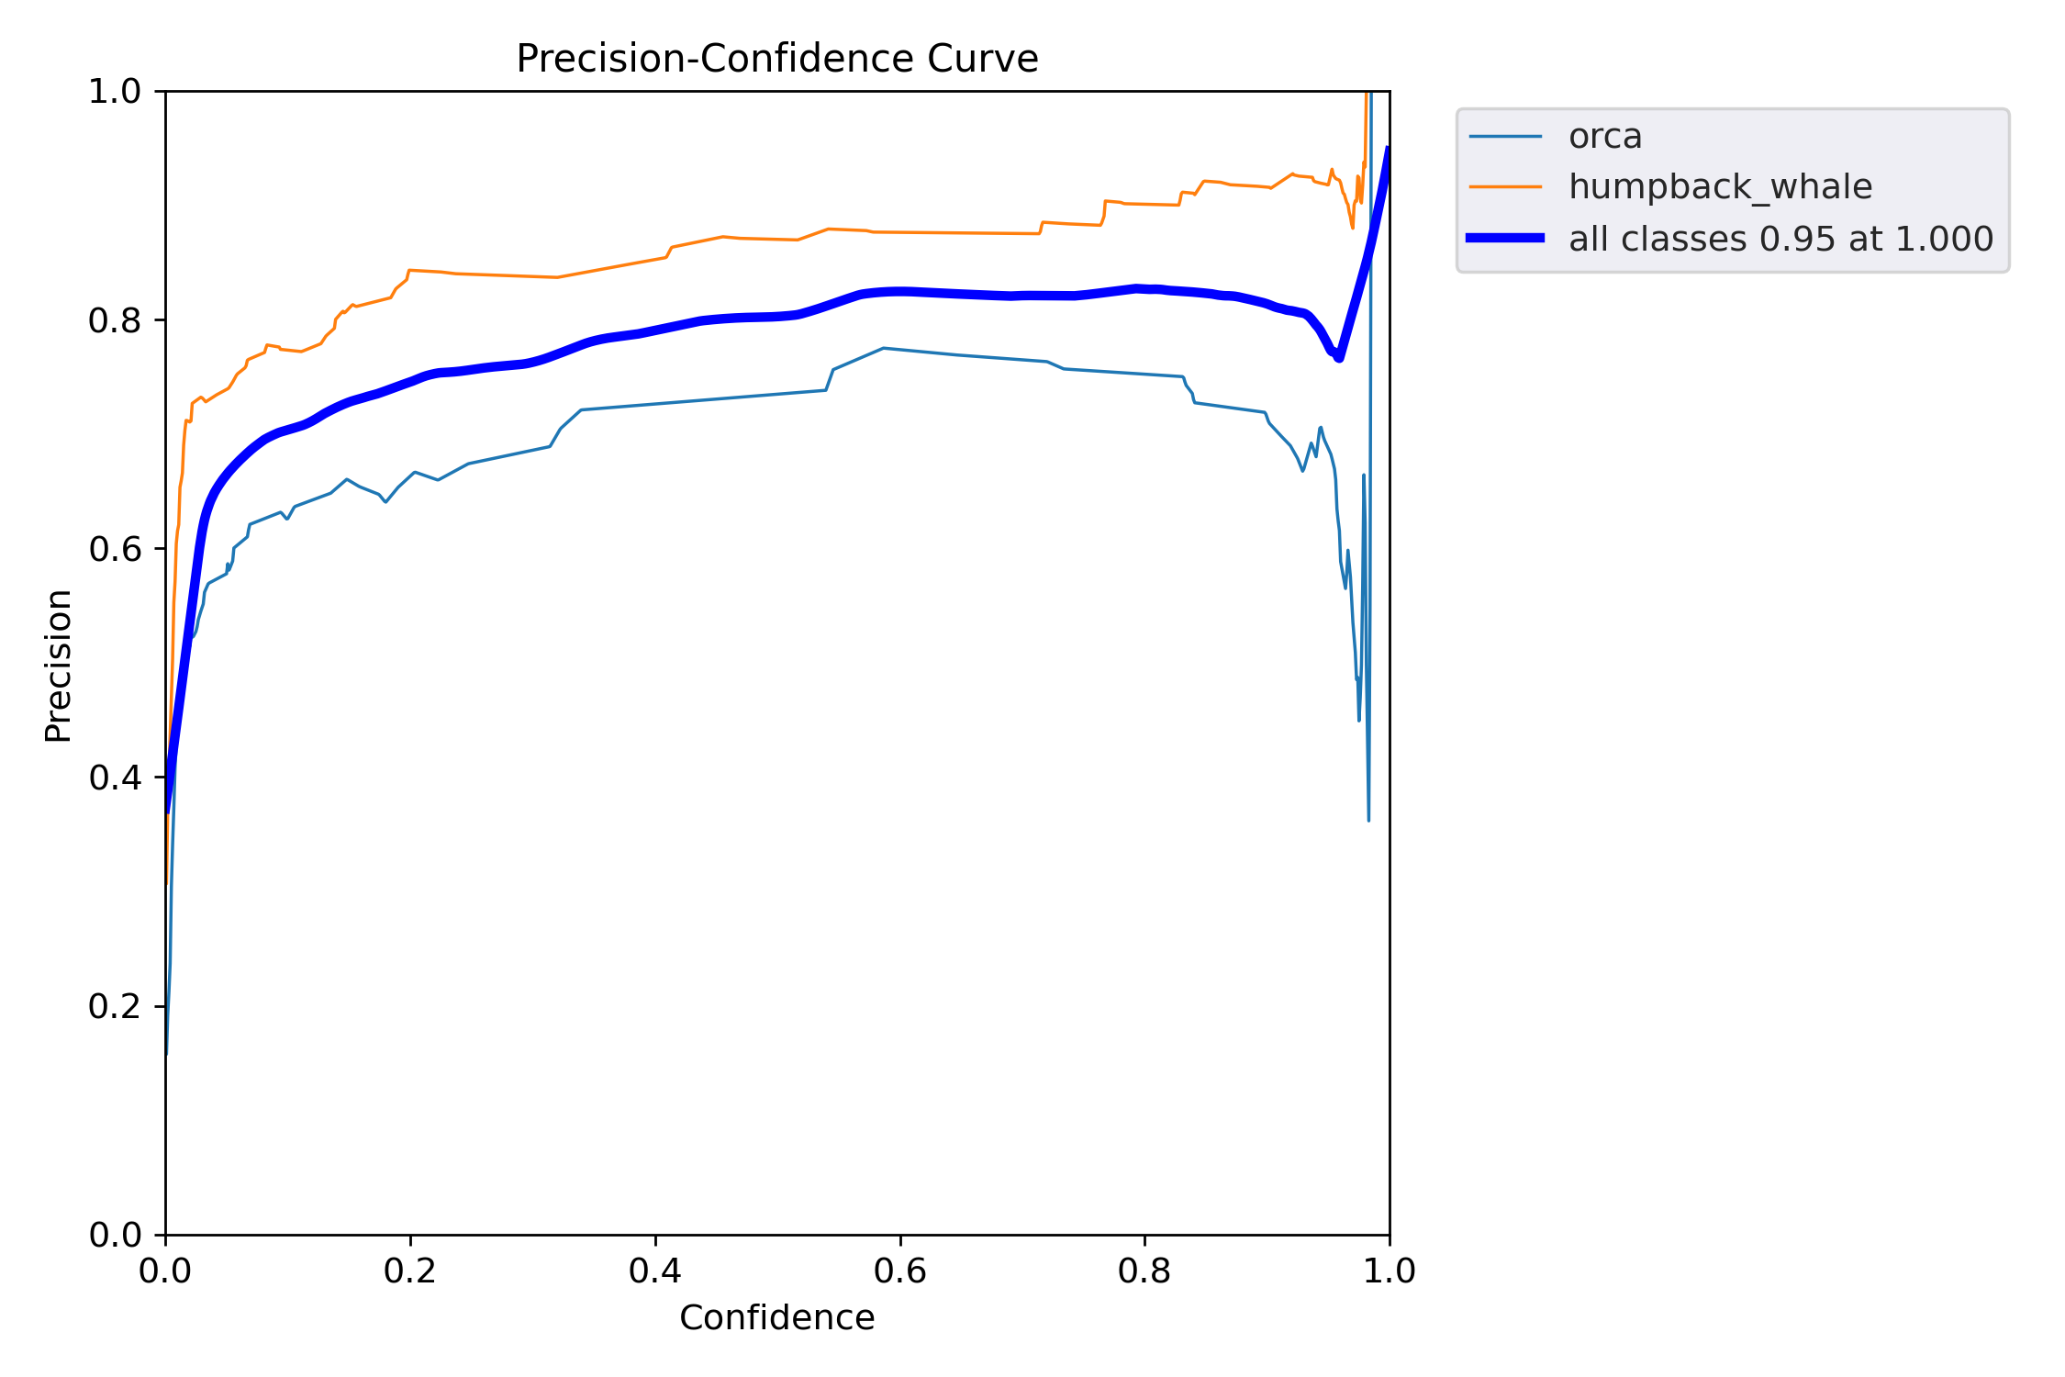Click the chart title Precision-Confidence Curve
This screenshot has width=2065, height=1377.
click(776, 59)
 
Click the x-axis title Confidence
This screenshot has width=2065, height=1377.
click(776, 1318)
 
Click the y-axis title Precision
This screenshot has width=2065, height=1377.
click(58, 666)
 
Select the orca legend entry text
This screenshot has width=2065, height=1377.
click(1604, 137)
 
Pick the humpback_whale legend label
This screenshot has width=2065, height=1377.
click(1720, 187)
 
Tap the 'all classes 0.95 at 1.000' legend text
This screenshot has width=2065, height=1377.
click(1780, 239)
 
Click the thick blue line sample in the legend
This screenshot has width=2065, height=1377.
click(1505, 239)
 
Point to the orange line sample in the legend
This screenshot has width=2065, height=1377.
click(1505, 187)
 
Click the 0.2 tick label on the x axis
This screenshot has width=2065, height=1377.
click(410, 1271)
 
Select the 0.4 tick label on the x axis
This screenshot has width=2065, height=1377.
click(655, 1271)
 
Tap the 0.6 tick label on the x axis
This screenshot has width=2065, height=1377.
click(900, 1271)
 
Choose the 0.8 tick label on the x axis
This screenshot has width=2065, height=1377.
click(1144, 1271)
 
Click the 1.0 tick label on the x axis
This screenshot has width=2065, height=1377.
click(1390, 1271)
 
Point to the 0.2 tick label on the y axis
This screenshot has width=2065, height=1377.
click(115, 1006)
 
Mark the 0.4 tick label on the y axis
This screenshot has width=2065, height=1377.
click(115, 778)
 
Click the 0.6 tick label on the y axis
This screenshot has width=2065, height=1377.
click(115, 549)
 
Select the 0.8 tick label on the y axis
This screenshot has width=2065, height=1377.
click(115, 320)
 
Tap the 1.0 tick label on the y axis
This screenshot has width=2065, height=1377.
click(115, 92)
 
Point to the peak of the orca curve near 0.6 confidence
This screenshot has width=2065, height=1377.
click(883, 349)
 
